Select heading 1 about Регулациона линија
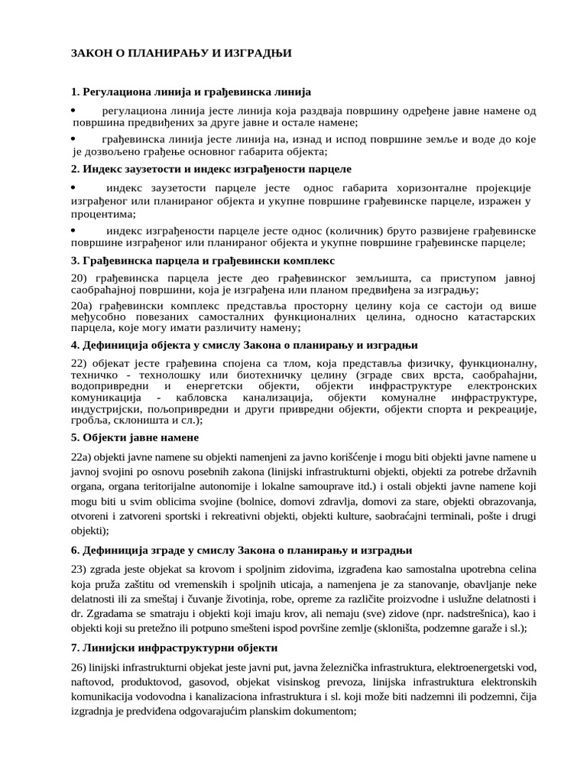click(191, 93)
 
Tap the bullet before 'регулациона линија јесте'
click(73, 111)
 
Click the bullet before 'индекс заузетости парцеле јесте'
click(73, 187)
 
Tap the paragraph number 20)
click(81, 278)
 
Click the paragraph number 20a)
click(83, 305)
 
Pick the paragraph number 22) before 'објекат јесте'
click(81, 362)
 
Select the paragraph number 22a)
click(83, 457)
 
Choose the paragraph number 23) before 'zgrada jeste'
click(81, 570)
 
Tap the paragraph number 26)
click(81, 667)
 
